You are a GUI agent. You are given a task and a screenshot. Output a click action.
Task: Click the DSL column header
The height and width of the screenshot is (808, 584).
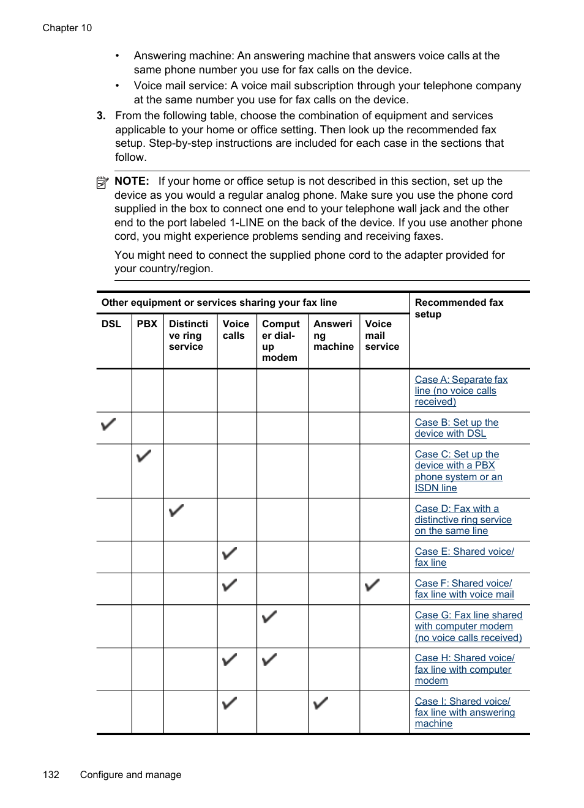(x=111, y=324)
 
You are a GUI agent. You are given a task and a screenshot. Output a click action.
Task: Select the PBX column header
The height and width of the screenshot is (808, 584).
(x=147, y=324)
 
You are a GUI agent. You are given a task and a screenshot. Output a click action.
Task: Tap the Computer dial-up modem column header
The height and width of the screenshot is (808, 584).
(x=281, y=340)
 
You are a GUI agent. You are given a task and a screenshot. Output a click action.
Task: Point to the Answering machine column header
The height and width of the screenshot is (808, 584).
(x=334, y=335)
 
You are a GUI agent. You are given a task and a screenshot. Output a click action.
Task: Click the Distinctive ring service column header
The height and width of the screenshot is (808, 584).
(x=189, y=335)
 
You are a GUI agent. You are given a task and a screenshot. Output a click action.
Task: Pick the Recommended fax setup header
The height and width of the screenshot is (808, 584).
(x=459, y=308)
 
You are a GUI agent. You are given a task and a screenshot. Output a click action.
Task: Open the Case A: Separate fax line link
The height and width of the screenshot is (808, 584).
(x=461, y=390)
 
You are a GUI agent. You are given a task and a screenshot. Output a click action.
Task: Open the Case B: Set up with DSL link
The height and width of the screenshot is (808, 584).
(x=457, y=428)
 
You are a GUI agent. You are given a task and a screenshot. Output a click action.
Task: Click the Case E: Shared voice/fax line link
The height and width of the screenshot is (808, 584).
(x=464, y=557)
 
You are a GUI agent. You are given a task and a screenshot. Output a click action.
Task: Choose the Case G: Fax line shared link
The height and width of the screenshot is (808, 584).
(x=468, y=626)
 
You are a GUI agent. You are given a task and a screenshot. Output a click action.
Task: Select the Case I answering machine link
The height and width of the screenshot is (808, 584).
(x=465, y=712)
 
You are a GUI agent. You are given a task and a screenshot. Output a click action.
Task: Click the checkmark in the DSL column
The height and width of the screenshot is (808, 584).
(x=108, y=424)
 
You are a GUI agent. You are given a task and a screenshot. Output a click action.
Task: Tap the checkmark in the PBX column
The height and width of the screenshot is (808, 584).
(x=144, y=456)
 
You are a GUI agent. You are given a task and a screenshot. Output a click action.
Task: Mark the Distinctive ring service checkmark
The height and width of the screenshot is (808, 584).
(x=176, y=510)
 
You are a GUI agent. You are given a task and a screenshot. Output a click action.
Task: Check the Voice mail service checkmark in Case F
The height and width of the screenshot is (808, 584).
(x=372, y=585)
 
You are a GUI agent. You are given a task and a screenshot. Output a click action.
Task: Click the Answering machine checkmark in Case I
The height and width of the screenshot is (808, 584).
(x=321, y=703)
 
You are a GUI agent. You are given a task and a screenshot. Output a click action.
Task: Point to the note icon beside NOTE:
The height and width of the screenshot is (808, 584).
(x=102, y=182)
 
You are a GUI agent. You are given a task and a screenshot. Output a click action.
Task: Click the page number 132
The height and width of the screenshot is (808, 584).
(x=51, y=774)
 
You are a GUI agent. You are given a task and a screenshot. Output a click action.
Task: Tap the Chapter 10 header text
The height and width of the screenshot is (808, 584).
(x=67, y=28)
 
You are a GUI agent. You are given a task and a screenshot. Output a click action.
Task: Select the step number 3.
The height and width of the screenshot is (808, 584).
(x=101, y=116)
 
